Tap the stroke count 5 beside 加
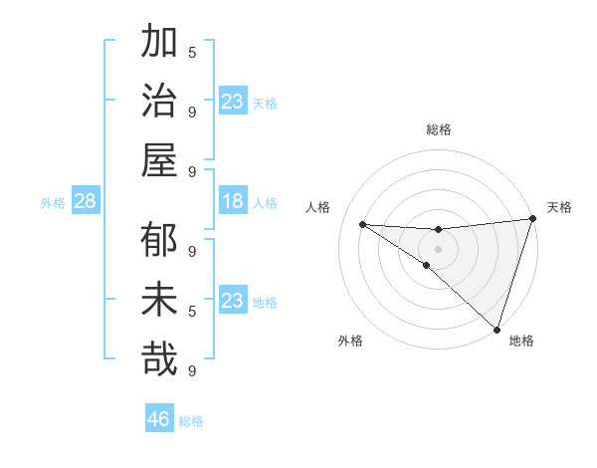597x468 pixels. [192, 52]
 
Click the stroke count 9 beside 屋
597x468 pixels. [192, 171]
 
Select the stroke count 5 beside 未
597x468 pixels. [192, 311]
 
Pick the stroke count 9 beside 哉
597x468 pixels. [192, 370]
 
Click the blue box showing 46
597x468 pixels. [159, 418]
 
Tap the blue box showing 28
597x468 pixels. [85, 201]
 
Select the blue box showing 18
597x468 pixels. [233, 201]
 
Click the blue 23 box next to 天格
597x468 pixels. [233, 102]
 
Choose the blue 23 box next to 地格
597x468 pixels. [233, 301]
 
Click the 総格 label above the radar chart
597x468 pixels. [439, 129]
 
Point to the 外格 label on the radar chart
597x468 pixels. [350, 342]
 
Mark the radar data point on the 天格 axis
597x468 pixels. [532, 220]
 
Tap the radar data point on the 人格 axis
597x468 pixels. [362, 224]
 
